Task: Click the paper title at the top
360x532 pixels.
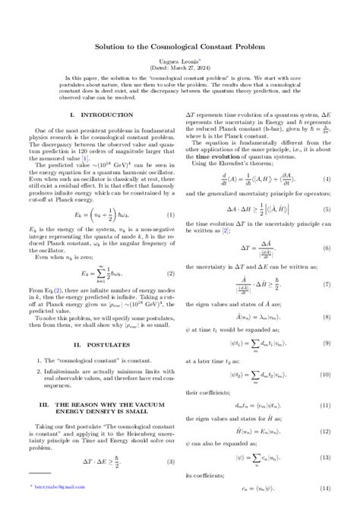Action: [179, 46]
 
